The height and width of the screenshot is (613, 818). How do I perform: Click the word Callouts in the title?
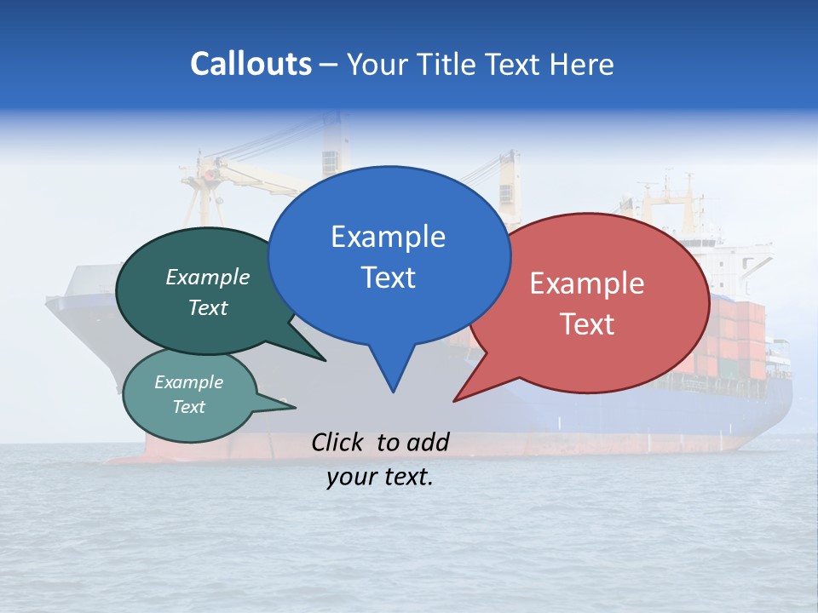click(x=251, y=64)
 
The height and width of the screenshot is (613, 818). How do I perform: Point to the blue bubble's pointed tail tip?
click(x=393, y=392)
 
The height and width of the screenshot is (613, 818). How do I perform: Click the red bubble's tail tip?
click(x=454, y=400)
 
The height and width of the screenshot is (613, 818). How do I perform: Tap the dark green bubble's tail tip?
click(x=325, y=360)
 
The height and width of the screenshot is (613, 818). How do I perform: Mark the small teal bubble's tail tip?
click(x=295, y=406)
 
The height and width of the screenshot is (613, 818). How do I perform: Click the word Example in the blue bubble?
click(x=388, y=237)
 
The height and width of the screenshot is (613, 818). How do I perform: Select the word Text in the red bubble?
click(x=587, y=324)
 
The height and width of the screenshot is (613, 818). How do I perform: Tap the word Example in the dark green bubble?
click(x=207, y=278)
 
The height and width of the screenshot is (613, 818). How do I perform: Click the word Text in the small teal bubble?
click(x=189, y=407)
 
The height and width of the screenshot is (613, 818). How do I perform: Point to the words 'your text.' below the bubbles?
click(x=380, y=477)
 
